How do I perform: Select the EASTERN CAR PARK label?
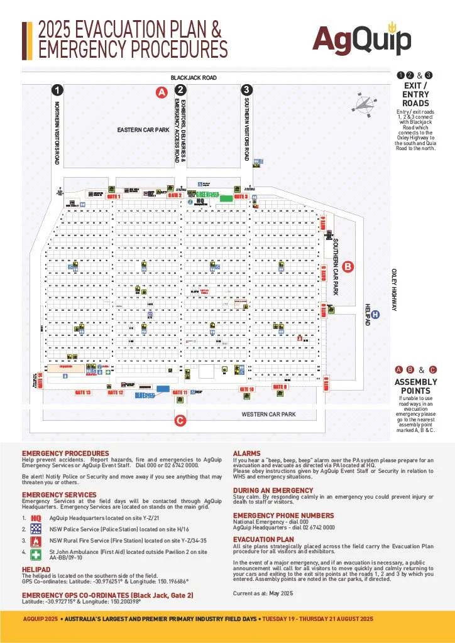(143, 130)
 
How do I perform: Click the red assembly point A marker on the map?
(161, 92)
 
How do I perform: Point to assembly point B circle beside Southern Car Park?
(349, 266)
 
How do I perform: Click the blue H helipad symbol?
(375, 315)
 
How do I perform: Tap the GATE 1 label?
(113, 197)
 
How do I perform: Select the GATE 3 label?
(241, 197)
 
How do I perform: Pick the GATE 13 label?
(83, 392)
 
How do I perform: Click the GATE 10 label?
(247, 389)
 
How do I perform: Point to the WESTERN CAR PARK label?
(268, 414)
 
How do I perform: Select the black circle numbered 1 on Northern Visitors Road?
(57, 90)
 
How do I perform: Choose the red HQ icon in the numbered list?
(36, 518)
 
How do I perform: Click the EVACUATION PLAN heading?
(263, 539)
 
